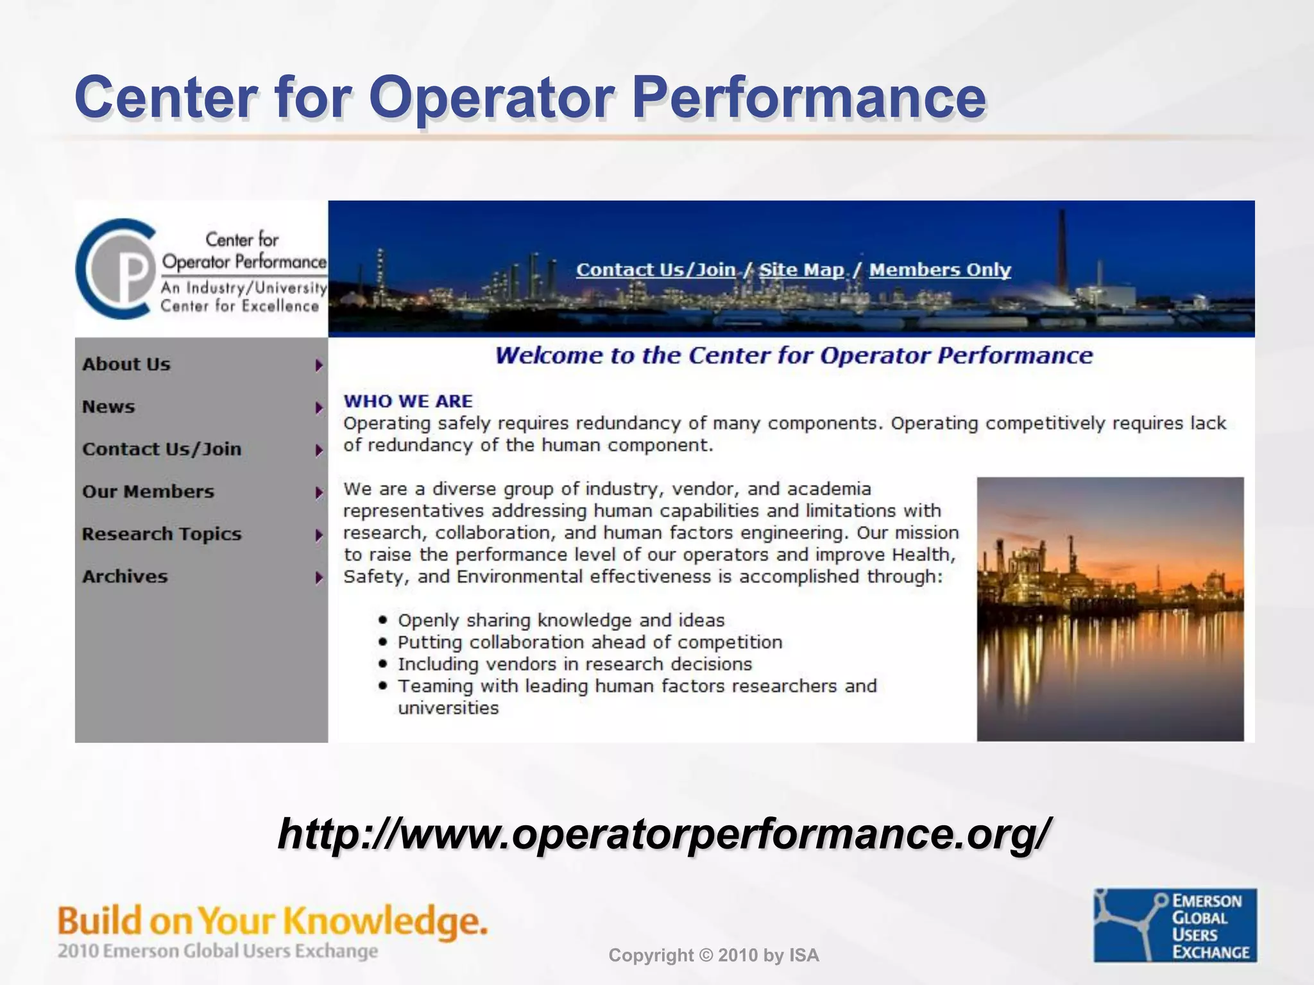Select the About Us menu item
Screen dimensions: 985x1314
click(x=126, y=364)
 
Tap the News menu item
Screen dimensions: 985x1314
click(x=108, y=407)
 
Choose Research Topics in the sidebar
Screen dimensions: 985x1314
click(x=162, y=534)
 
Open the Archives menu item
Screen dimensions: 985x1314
click(x=125, y=577)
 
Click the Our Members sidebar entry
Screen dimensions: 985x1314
click(x=148, y=492)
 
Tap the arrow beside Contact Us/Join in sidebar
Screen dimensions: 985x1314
click(x=319, y=450)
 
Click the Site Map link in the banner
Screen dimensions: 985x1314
click(x=801, y=270)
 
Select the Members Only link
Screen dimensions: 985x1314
click(x=940, y=270)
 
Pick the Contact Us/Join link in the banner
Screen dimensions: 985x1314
click(x=656, y=270)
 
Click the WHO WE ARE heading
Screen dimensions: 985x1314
click(x=408, y=401)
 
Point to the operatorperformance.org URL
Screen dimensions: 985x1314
click(x=664, y=834)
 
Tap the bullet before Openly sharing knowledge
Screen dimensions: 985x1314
click(x=383, y=620)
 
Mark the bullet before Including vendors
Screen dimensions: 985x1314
click(x=383, y=664)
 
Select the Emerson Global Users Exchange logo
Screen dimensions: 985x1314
click(x=1175, y=925)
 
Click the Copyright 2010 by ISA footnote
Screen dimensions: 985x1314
click(x=713, y=956)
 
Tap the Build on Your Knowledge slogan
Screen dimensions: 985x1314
click(x=273, y=922)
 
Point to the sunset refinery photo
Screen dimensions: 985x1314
click(x=1110, y=609)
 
